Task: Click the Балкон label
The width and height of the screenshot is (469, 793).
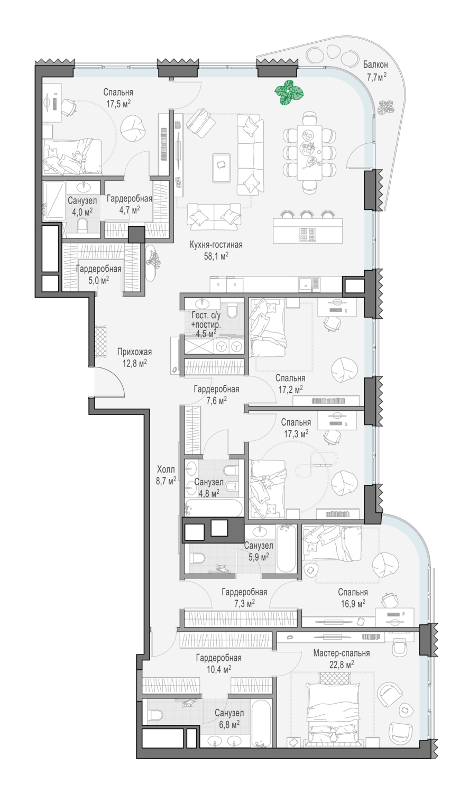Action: coord(375,64)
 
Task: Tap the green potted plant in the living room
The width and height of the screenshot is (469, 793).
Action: coord(289,93)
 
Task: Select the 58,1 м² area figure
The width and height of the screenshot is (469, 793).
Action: coord(216,256)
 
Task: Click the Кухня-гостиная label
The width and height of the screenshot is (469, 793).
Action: coord(216,245)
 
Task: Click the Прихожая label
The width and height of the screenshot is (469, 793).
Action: coord(134,352)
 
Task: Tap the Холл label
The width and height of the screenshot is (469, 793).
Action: coord(166,470)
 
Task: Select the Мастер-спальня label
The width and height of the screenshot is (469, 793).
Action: coord(341,653)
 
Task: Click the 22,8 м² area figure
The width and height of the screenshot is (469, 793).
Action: coord(342,665)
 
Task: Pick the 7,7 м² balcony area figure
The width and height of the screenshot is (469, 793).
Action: coord(376,76)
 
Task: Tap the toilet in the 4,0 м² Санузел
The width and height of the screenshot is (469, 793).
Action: coord(82,225)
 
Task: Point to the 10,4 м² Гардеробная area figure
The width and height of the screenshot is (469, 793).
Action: coord(219,669)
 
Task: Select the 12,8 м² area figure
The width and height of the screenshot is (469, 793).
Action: coord(135,363)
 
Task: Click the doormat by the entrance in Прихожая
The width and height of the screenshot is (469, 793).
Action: coord(100,342)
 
